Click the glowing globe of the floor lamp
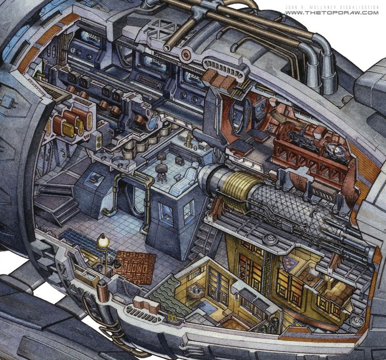click(x=102, y=241)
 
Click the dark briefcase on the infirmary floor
click(x=179, y=160)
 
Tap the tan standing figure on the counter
click(x=189, y=140)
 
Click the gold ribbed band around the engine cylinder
click(x=236, y=190)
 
